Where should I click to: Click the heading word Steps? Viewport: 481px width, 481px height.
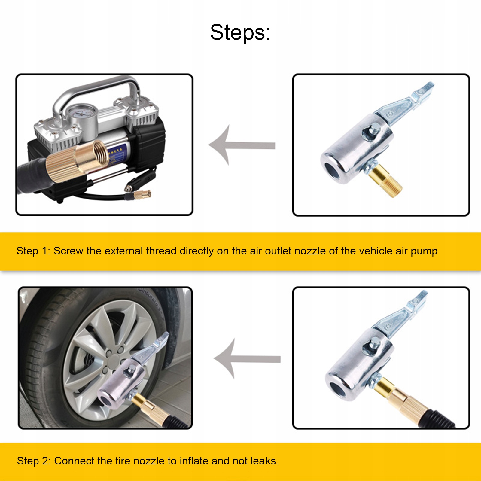coord(240,32)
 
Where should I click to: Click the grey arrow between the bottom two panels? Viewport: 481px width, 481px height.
coord(247,359)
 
